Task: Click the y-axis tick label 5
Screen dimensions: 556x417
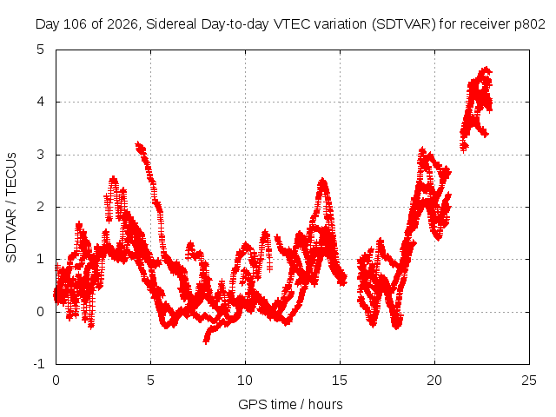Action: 41,50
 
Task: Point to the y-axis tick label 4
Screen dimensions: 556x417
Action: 41,103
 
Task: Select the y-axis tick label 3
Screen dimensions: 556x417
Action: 41,155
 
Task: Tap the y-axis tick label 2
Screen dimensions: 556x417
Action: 41,207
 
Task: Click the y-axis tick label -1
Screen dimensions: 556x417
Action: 39,364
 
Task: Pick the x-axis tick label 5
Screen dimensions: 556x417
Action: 150,381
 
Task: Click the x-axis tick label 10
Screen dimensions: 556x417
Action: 245,381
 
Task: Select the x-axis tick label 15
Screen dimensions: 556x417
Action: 340,381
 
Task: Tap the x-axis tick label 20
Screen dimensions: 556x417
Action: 434,381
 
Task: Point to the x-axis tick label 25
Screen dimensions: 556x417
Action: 529,381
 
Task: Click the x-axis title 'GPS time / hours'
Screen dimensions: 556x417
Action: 290,405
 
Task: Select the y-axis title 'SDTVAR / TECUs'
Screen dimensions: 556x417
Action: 11,208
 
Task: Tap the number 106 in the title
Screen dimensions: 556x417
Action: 76,24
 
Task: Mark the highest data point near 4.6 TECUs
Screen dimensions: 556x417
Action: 486,69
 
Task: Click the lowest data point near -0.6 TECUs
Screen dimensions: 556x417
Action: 206,341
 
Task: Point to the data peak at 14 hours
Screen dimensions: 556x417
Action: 322,182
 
